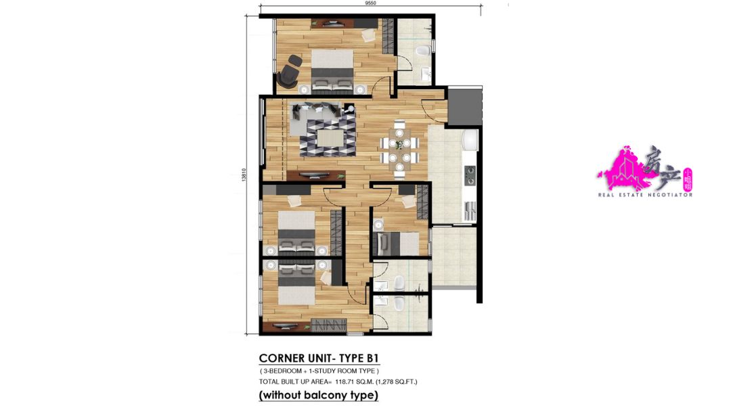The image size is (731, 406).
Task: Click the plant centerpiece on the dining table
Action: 399,143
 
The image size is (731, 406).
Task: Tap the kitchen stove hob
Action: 470,175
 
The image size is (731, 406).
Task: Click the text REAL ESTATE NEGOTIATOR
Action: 645,194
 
